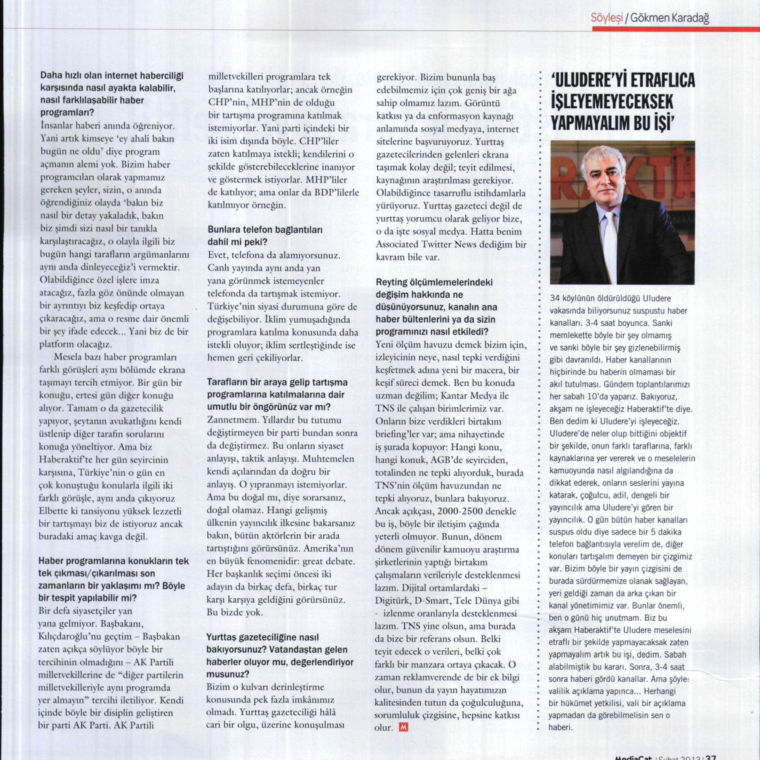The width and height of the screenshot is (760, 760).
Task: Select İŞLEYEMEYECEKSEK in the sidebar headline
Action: tap(613, 103)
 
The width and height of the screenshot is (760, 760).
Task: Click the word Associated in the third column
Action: tap(397, 244)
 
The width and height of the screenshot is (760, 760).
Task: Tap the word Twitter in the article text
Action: tap(436, 244)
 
